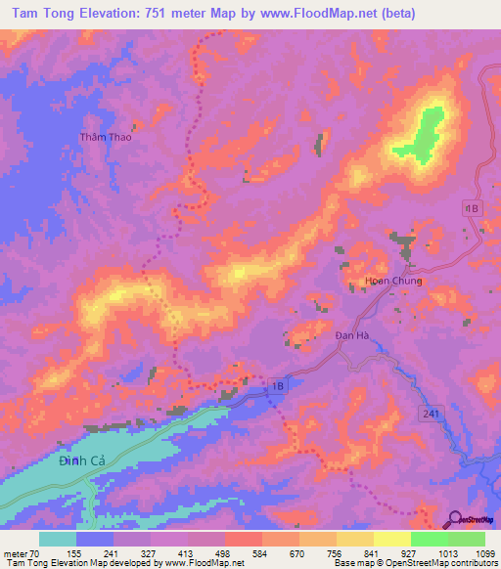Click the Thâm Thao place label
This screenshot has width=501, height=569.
pyautogui.click(x=106, y=138)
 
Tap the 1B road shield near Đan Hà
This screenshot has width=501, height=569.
pyautogui.click(x=280, y=387)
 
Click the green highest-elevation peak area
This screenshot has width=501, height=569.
pyautogui.click(x=425, y=134)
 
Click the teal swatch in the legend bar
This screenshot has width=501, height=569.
pyautogui.click(x=57, y=539)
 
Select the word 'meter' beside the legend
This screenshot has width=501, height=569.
pyautogui.click(x=15, y=551)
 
